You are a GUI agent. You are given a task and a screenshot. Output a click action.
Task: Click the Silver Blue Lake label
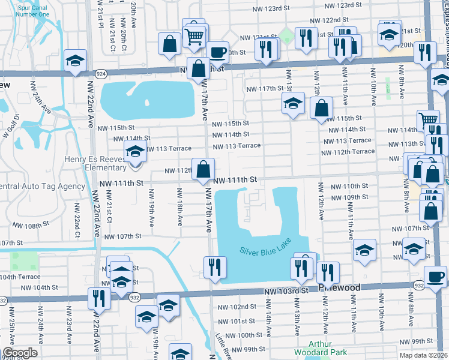pos(264,251)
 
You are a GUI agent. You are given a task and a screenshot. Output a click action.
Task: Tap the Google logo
pos(19,353)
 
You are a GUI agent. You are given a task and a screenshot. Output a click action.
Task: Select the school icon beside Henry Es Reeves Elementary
pos(135,151)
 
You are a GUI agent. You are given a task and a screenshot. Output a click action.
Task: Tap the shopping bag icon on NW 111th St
pos(203,169)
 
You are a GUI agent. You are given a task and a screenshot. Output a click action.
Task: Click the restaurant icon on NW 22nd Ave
pos(98,298)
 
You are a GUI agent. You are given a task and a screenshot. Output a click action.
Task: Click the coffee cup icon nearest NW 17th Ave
pos(218,52)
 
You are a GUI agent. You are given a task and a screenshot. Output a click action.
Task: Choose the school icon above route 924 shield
pos(76,60)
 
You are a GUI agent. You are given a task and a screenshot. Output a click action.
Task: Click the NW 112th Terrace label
pos(348,152)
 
